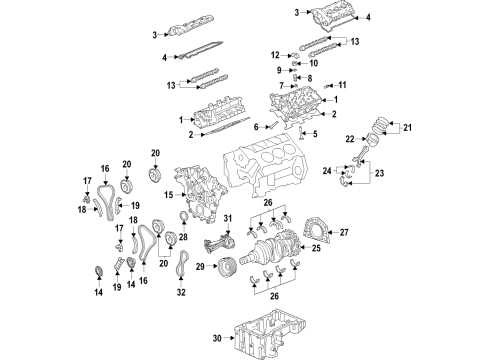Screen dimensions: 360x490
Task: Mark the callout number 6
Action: [x=257, y=126]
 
